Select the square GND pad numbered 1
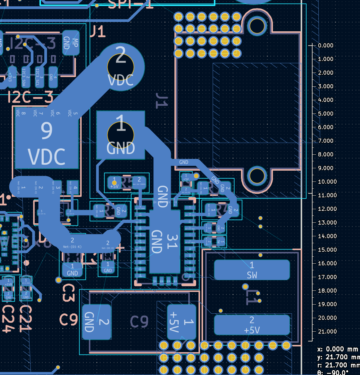click(121, 135)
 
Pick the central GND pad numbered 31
click(165, 241)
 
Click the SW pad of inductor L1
click(252, 270)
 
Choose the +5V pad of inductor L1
click(252, 325)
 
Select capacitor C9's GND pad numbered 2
click(96, 322)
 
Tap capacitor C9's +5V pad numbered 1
click(182, 322)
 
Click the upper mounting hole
click(257, 26)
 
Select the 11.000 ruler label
click(327, 195)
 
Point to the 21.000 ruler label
click(327, 331)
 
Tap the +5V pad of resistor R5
click(114, 183)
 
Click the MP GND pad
click(71, 43)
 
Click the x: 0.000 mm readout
click(338, 349)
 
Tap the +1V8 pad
click(8, 283)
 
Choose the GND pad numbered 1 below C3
click(72, 270)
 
